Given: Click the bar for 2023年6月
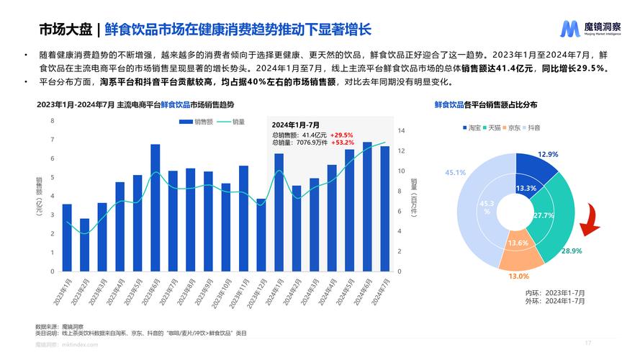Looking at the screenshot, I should (x=155, y=208).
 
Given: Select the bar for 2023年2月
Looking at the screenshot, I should (x=84, y=246).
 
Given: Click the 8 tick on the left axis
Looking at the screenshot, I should (x=52, y=120).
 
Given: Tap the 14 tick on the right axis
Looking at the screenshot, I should (x=402, y=131).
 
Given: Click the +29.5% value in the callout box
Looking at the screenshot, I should (x=342, y=135).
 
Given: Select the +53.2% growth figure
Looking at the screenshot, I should (x=342, y=143).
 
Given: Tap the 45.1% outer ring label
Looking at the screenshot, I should (x=455, y=173).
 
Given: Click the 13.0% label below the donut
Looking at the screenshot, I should (x=518, y=276).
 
